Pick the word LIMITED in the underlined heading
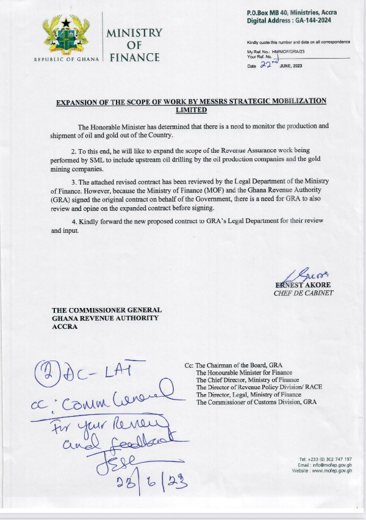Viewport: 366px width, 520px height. point(192,111)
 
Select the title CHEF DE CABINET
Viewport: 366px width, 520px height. point(303,293)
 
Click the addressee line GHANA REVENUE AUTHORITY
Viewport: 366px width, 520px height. point(105,318)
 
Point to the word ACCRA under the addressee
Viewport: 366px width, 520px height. point(65,326)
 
